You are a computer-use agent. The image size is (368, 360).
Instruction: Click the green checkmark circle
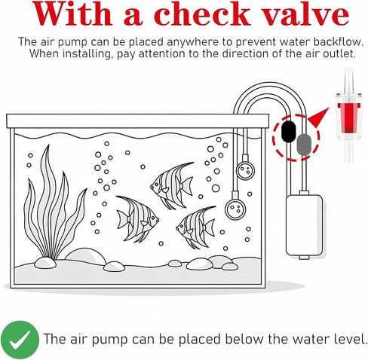[x=20, y=340]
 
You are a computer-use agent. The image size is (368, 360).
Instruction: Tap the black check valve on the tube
[x=288, y=131]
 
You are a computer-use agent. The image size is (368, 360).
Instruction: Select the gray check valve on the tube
[x=304, y=145]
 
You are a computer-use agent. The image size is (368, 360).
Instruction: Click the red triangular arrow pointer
[x=320, y=117]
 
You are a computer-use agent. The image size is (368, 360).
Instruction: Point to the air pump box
[x=304, y=225]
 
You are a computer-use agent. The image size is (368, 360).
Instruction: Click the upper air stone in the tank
[x=245, y=169]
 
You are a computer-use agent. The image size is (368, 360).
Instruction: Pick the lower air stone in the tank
[x=235, y=207]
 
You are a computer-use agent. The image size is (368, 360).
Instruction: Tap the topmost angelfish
[x=172, y=185]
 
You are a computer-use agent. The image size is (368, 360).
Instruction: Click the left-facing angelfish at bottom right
[x=196, y=227]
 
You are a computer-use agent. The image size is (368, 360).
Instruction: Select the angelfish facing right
[x=137, y=218]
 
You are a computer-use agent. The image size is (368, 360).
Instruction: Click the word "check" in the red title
[x=202, y=14]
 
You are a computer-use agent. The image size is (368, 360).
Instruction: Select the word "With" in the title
[x=72, y=14]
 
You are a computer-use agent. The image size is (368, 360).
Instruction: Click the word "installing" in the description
[x=87, y=53]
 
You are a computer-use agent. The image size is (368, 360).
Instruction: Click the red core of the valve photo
[x=348, y=117]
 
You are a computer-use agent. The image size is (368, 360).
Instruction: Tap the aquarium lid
[x=138, y=121]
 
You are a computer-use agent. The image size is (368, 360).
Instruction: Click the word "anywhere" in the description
[x=192, y=42]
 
